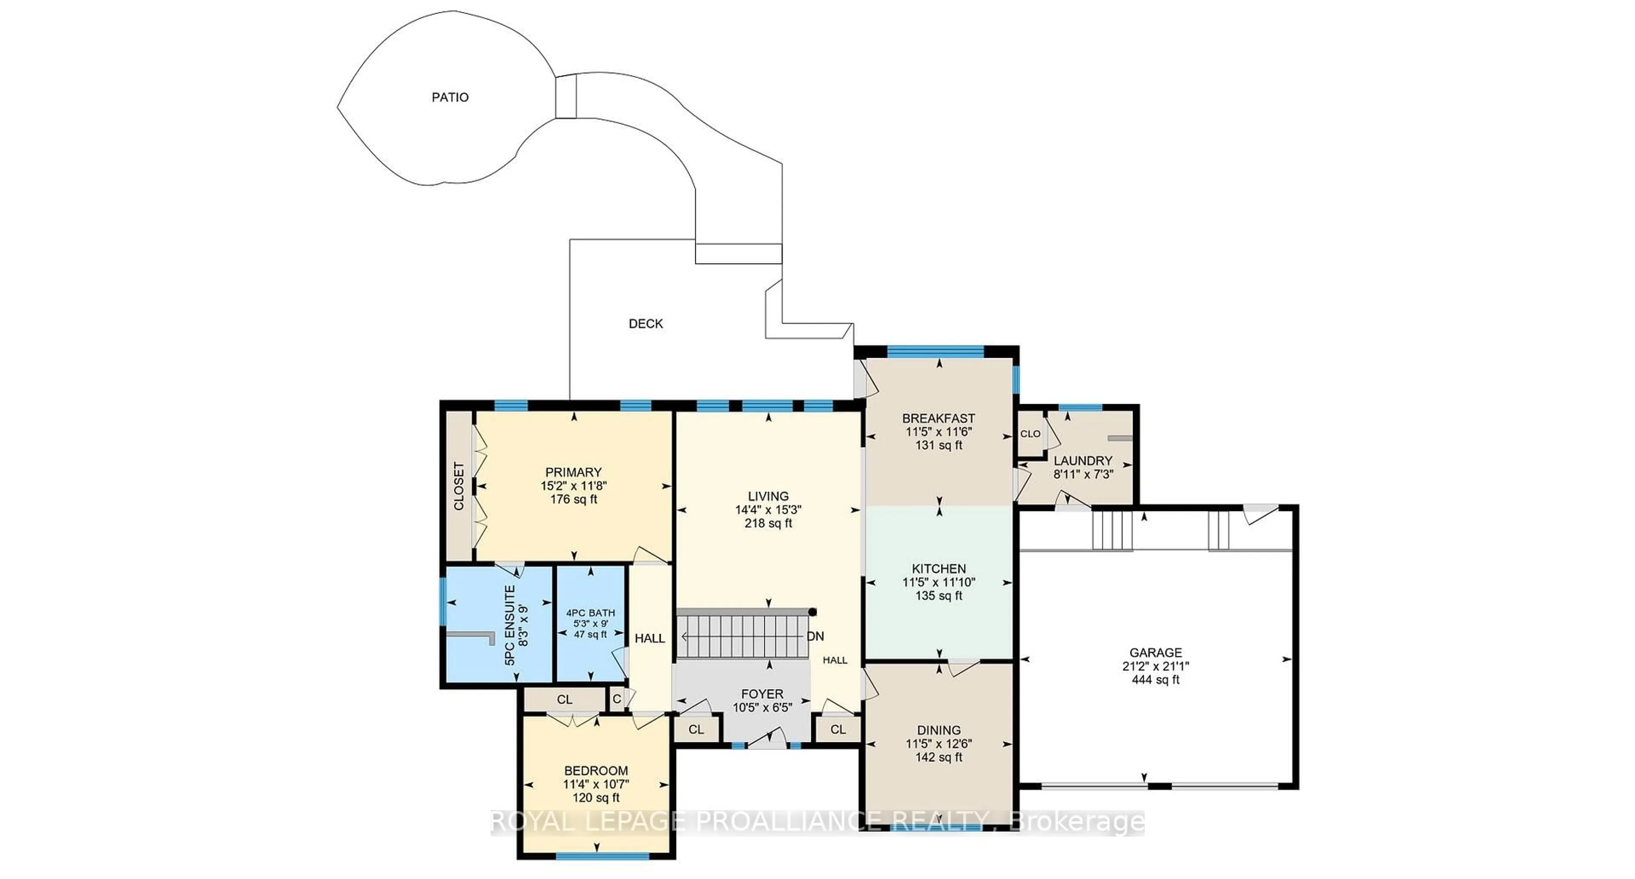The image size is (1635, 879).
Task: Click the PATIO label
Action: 450,97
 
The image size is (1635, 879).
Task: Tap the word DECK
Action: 645,324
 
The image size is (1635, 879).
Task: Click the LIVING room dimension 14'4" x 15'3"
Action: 768,510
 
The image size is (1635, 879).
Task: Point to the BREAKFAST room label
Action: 938,418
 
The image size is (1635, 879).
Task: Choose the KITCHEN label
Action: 938,569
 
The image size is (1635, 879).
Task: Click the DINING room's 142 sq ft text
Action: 938,757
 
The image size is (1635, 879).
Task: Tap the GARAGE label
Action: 1155,652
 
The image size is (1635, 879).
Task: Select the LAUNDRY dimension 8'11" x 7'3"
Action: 1083,474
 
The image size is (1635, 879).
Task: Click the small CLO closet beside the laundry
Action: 1030,434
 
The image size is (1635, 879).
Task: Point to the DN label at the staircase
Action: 816,636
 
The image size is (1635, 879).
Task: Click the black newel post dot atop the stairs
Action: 812,612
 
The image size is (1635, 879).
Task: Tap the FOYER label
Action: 762,694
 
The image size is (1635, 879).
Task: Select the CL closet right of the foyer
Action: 838,729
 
